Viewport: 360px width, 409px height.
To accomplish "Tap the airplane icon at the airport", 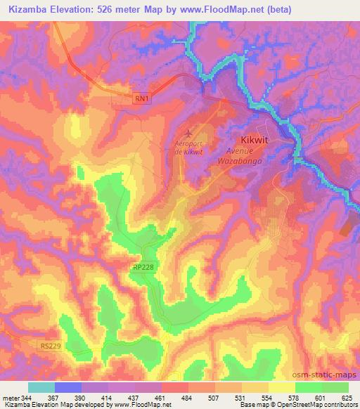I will tap(187, 132).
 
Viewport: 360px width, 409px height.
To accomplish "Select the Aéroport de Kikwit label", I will tap(188, 148).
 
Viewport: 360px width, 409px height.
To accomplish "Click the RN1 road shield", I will tap(141, 101).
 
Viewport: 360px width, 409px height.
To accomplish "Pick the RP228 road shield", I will tap(141, 267).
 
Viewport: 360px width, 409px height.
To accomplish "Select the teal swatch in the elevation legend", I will tap(41, 387).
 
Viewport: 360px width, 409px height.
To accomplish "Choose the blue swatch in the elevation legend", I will tap(68, 387).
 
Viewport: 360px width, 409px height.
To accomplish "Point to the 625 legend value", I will tap(347, 397).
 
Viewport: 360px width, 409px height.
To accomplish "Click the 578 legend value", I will tap(294, 397).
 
